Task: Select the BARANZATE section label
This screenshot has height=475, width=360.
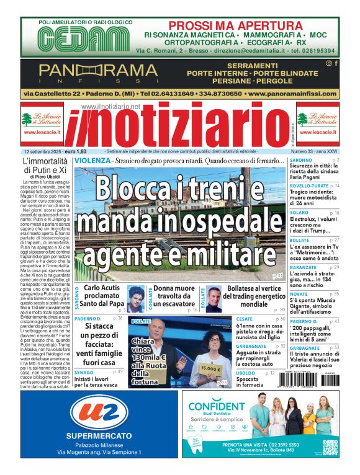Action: click(x=304, y=267)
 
